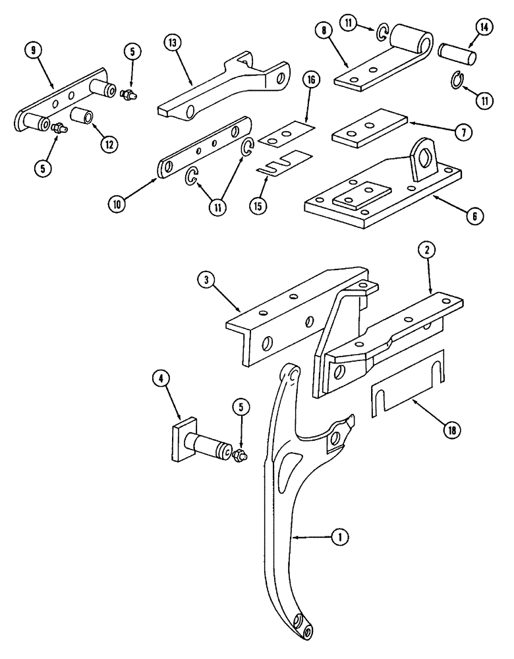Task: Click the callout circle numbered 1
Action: [x=339, y=538]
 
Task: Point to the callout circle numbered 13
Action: [x=172, y=43]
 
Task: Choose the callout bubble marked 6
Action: [x=475, y=215]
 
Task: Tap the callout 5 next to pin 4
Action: [x=241, y=409]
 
